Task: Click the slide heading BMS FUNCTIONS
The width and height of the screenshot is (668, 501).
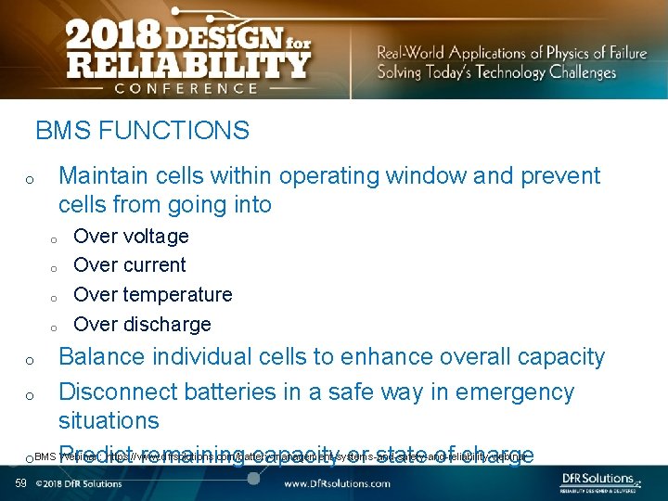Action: pyautogui.click(x=142, y=131)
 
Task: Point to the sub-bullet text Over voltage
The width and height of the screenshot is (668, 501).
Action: pyautogui.click(x=131, y=237)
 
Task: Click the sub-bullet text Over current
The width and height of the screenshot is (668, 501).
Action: pyautogui.click(x=129, y=265)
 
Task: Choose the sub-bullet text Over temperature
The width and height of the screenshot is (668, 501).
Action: pyautogui.click(x=152, y=295)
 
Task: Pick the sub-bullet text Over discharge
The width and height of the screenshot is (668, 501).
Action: pyautogui.click(x=142, y=325)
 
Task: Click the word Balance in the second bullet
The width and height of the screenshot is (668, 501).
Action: pyautogui.click(x=100, y=357)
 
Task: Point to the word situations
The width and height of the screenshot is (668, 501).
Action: pyautogui.click(x=109, y=421)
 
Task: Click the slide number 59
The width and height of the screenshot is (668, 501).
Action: pyautogui.click(x=20, y=483)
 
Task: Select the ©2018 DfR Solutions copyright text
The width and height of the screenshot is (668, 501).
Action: pyautogui.click(x=79, y=483)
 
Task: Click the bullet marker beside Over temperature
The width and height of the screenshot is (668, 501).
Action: pyautogui.click(x=55, y=298)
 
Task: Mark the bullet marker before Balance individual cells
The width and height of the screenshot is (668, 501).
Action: pyautogui.click(x=31, y=360)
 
